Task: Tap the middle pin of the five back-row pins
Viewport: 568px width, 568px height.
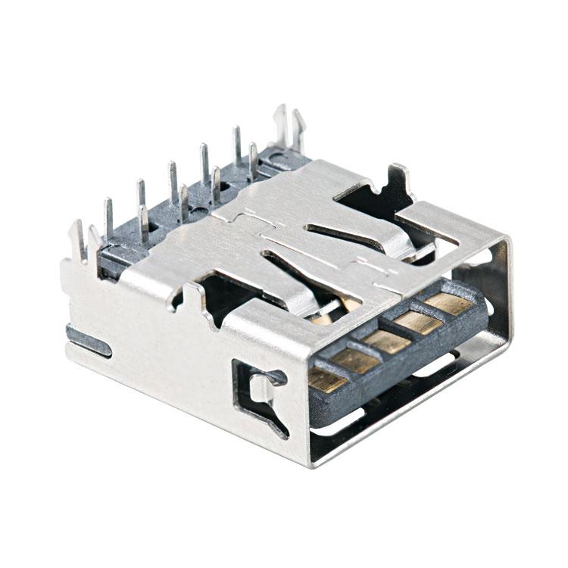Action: click(x=173, y=178)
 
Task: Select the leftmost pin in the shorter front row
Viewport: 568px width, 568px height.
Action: click(x=143, y=222)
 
